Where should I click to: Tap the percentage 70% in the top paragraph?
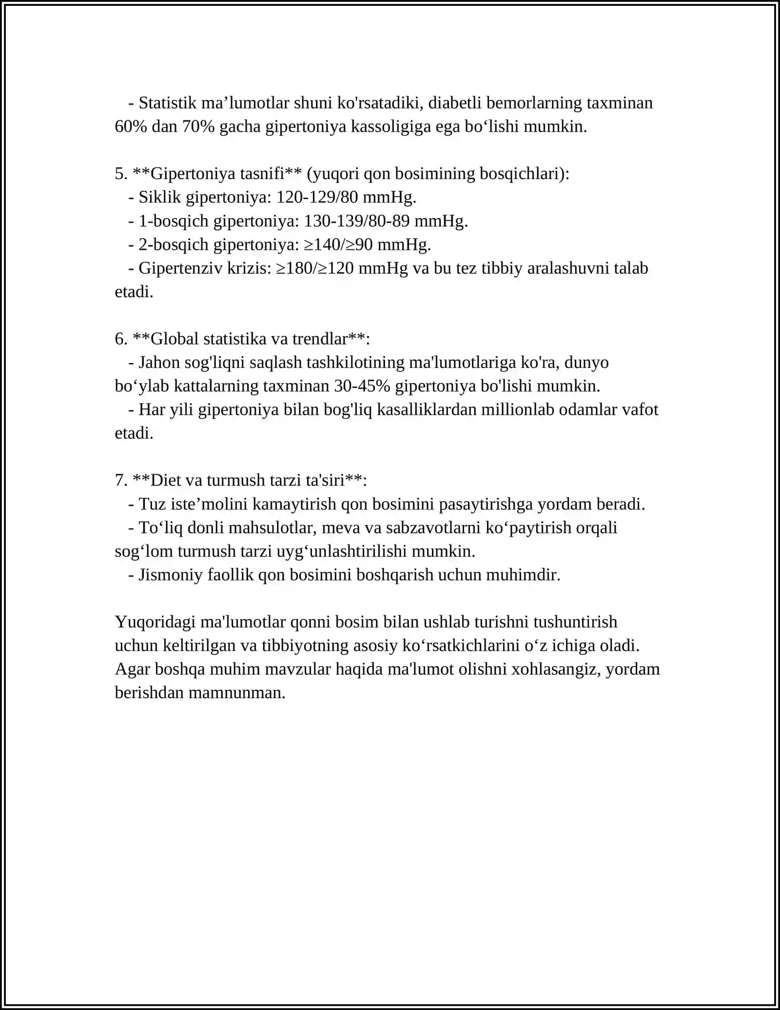[198, 127]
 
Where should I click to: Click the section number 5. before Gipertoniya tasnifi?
[121, 174]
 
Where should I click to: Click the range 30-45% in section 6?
[362, 386]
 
